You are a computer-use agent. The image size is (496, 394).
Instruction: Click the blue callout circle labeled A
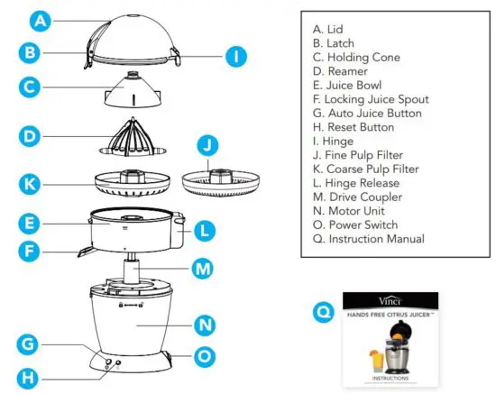39,18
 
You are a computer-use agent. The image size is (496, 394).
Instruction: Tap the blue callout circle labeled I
234,56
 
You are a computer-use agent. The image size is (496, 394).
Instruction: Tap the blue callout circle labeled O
205,356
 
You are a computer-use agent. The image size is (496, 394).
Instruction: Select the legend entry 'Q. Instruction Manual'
364,239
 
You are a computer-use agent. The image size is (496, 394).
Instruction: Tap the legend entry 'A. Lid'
329,28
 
